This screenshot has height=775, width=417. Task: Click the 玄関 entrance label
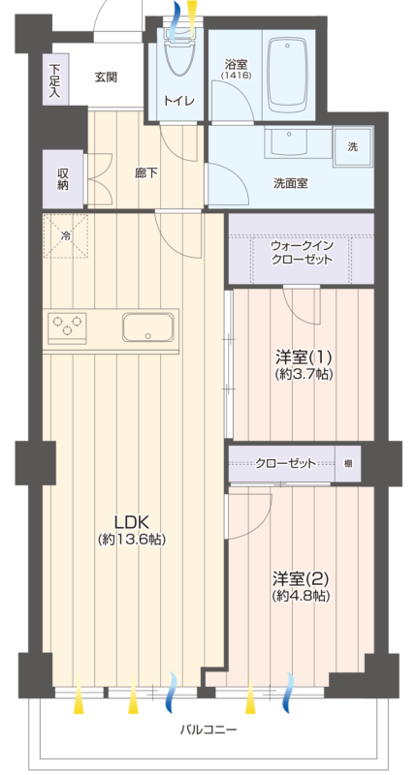(106, 77)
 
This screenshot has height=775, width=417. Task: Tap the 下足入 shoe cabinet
(55, 79)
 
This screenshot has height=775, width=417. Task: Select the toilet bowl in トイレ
(178, 55)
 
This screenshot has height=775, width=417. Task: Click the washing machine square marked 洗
(353, 147)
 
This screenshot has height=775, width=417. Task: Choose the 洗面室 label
(291, 183)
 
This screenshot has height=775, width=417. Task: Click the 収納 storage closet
(63, 179)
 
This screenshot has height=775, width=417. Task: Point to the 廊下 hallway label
(146, 173)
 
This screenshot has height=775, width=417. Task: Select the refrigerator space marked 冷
(65, 235)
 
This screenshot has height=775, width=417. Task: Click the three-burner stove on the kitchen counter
(67, 327)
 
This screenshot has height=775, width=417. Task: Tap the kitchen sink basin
(148, 326)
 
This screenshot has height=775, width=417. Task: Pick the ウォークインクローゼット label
(302, 253)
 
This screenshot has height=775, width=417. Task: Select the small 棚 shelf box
(348, 464)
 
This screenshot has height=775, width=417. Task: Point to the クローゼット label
(285, 464)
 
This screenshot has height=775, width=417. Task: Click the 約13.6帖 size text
(132, 540)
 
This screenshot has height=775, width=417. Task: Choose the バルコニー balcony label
(208, 729)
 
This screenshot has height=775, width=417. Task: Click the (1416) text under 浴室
(236, 77)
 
